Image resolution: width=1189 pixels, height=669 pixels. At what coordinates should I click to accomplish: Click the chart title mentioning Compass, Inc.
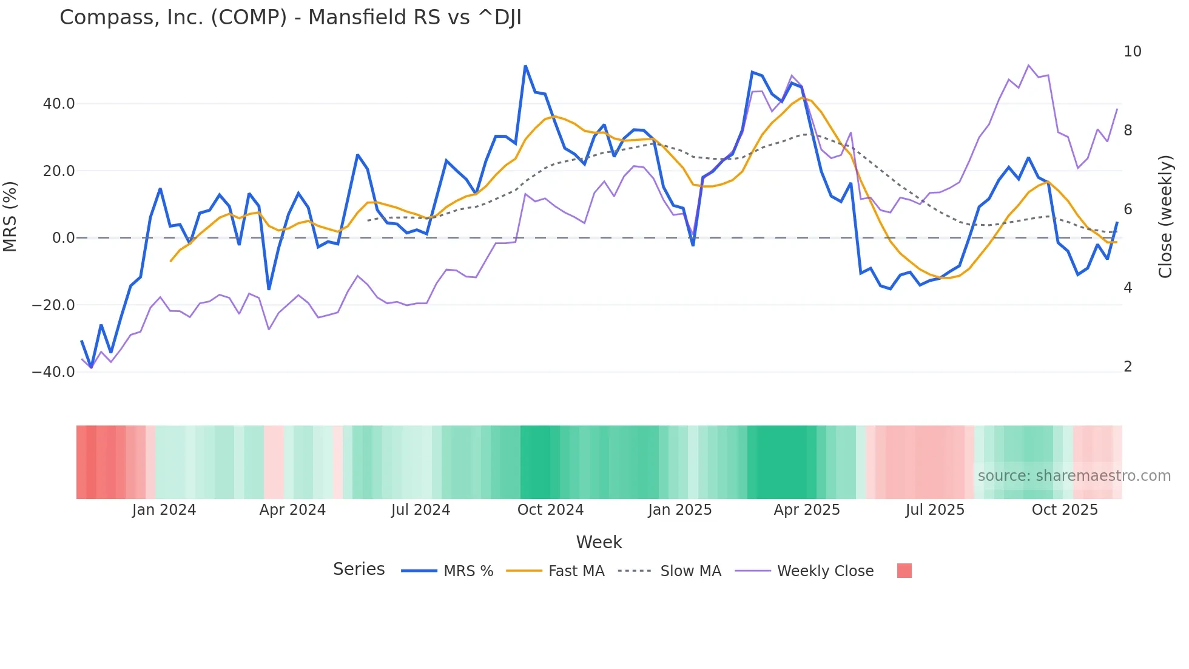tap(290, 18)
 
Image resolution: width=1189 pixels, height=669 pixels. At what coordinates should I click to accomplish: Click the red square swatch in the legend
tap(904, 571)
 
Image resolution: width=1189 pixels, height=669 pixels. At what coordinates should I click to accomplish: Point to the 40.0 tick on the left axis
tap(59, 104)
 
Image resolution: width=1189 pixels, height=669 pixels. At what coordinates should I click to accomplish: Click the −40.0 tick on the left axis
tap(53, 372)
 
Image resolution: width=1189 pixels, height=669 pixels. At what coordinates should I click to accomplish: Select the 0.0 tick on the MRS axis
tap(63, 238)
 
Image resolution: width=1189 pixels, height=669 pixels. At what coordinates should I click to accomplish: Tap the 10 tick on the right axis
tap(1132, 52)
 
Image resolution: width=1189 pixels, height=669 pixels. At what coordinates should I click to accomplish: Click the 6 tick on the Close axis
tap(1128, 209)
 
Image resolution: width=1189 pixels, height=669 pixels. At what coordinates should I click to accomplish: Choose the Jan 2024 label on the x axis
tap(164, 510)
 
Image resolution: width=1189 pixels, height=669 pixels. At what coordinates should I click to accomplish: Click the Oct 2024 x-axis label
tap(550, 510)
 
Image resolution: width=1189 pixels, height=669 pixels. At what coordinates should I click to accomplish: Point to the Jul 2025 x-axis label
tap(935, 510)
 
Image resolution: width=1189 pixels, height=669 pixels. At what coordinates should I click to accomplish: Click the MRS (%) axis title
tap(10, 217)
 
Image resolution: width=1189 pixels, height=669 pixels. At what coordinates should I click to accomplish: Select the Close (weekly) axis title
tap(1165, 217)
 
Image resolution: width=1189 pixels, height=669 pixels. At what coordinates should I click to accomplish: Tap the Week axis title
tap(599, 542)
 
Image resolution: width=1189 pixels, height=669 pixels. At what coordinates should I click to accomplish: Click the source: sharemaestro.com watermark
tap(1074, 476)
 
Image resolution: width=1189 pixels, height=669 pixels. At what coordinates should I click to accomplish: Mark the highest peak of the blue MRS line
tap(525, 66)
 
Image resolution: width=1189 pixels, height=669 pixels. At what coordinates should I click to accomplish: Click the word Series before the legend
tap(359, 569)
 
